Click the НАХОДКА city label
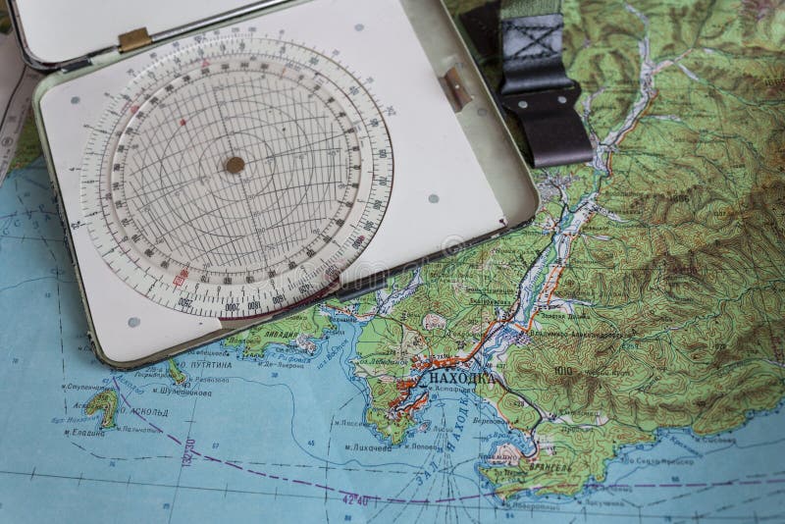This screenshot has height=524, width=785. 456,377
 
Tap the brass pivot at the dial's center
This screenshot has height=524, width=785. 234,165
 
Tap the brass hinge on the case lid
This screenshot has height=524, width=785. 133,39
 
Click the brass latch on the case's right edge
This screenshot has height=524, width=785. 455,87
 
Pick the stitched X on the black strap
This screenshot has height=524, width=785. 538,45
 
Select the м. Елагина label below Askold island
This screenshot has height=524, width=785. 84,433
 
